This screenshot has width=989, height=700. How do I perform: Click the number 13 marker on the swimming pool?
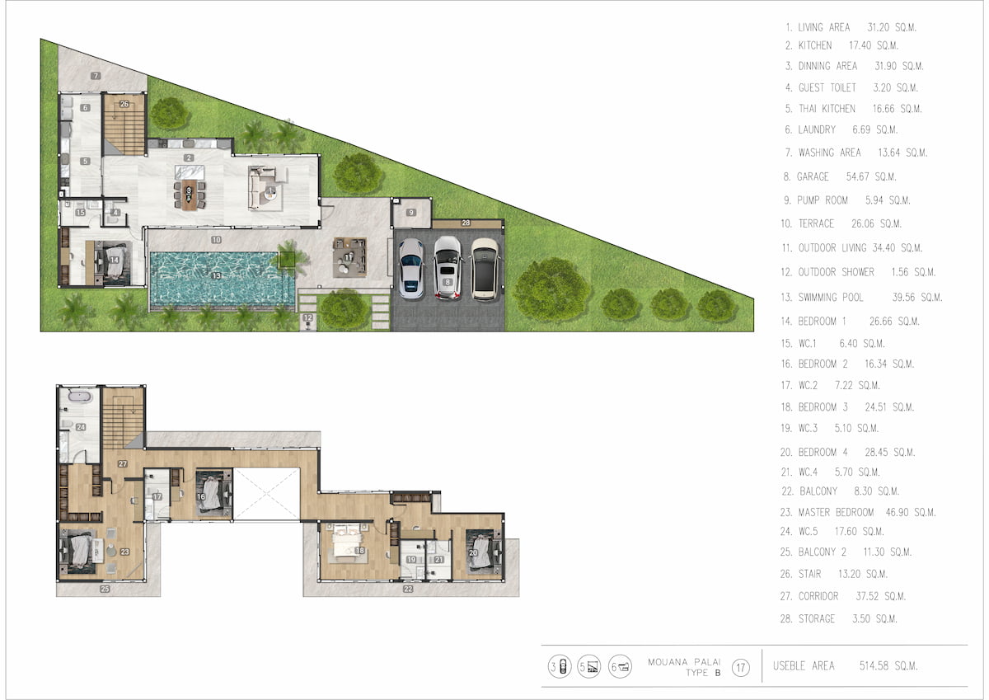pyautogui.click(x=216, y=275)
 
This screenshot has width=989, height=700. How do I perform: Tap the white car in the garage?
pyautogui.click(x=411, y=268)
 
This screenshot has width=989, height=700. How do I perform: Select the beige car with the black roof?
pyautogui.click(x=485, y=270)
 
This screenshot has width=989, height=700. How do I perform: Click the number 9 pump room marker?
pyautogui.click(x=411, y=213)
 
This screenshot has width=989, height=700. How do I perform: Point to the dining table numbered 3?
pyautogui.click(x=190, y=194)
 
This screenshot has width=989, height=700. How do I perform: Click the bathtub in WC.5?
pyautogui.click(x=80, y=396)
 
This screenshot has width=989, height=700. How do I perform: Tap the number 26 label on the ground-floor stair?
pyautogui.click(x=124, y=104)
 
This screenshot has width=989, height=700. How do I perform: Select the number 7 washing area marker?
pyautogui.click(x=96, y=76)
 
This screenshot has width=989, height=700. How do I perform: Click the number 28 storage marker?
pyautogui.click(x=466, y=223)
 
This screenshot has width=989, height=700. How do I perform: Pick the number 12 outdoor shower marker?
pyautogui.click(x=307, y=317)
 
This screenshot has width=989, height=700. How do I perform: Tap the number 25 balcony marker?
pyautogui.click(x=105, y=589)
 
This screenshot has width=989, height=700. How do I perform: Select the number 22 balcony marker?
pyautogui.click(x=408, y=589)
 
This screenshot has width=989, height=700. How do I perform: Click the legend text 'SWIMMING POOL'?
pyautogui.click(x=831, y=297)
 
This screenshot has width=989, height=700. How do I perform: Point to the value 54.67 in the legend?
pyautogui.click(x=857, y=176)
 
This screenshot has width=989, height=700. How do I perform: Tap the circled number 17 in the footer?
pyautogui.click(x=741, y=667)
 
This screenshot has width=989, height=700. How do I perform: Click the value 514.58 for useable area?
pyautogui.click(x=874, y=665)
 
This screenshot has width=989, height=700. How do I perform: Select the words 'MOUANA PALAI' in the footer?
pyautogui.click(x=684, y=662)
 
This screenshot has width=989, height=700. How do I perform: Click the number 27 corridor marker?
pyautogui.click(x=123, y=463)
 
